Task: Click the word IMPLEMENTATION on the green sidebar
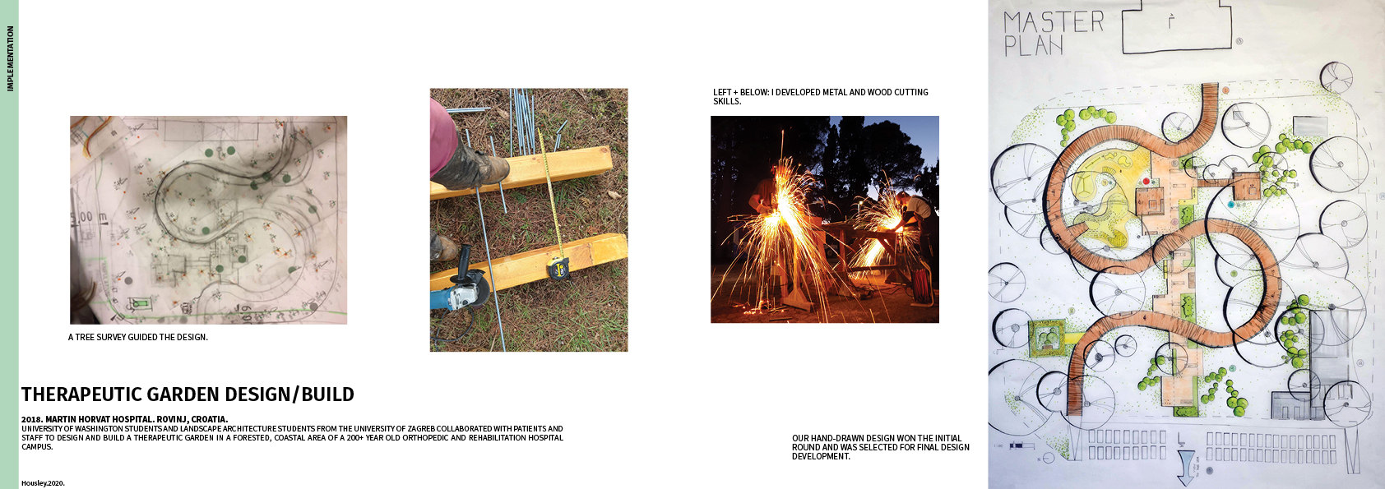(x=10, y=58)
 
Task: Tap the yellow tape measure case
(x=559, y=269)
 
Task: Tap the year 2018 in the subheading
(x=31, y=419)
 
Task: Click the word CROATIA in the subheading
(x=209, y=419)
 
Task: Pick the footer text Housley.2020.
(x=44, y=483)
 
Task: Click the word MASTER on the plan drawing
(x=1053, y=21)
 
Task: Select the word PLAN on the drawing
(x=1033, y=45)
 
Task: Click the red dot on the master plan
(x=1146, y=181)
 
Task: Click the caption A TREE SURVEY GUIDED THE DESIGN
(x=138, y=338)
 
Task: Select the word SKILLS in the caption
(x=726, y=101)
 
